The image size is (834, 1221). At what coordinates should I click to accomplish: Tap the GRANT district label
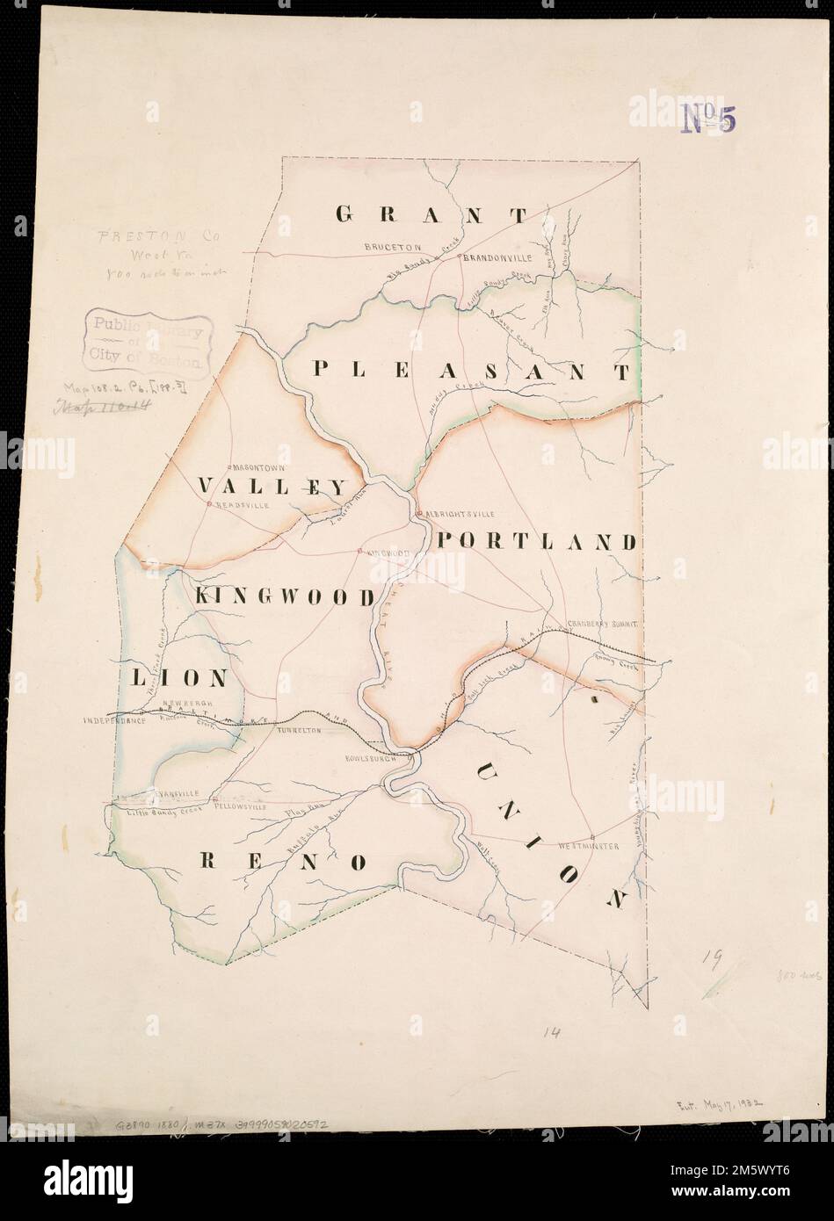[432, 213]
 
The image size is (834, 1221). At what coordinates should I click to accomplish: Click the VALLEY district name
[273, 486]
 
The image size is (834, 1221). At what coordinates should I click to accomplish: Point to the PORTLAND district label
[535, 541]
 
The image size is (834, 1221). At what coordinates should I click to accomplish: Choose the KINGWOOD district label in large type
[285, 596]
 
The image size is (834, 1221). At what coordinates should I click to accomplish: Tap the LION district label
[180, 678]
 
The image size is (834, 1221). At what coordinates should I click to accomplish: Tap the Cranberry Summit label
[606, 622]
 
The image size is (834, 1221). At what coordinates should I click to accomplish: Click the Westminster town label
[590, 845]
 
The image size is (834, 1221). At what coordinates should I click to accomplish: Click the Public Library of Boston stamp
[148, 343]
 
